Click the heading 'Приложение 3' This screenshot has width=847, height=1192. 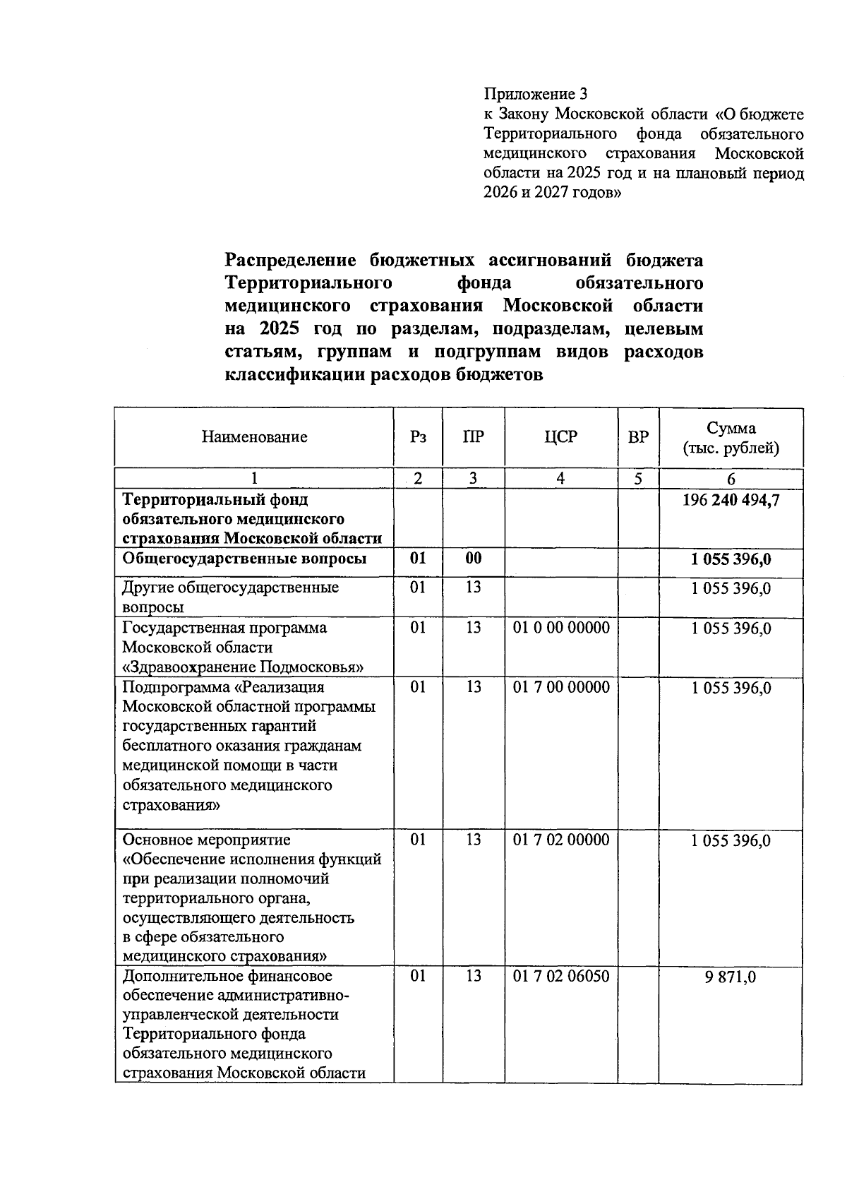(x=535, y=94)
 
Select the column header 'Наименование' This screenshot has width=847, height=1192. (x=254, y=437)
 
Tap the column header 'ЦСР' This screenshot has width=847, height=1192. (x=560, y=437)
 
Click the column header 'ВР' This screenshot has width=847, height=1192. (x=638, y=437)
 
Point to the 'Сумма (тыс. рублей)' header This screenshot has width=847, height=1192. (x=731, y=438)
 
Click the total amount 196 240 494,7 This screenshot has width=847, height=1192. (x=731, y=501)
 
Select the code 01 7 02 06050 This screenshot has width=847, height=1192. (x=560, y=976)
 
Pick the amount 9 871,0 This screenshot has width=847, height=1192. (x=731, y=977)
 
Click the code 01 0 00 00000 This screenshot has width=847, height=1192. (x=560, y=628)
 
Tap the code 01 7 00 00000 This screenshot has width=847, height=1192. (x=560, y=687)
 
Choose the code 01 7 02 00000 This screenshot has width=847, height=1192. (x=560, y=840)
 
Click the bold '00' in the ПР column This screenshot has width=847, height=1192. (x=473, y=559)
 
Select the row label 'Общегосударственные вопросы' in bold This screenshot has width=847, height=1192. (x=244, y=559)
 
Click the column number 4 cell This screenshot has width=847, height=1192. (x=560, y=478)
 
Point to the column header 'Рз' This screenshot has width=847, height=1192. (x=418, y=437)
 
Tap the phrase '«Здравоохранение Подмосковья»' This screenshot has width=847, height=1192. (x=244, y=667)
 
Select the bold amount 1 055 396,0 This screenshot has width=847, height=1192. (x=731, y=560)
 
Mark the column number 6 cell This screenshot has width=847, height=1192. (x=731, y=479)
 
